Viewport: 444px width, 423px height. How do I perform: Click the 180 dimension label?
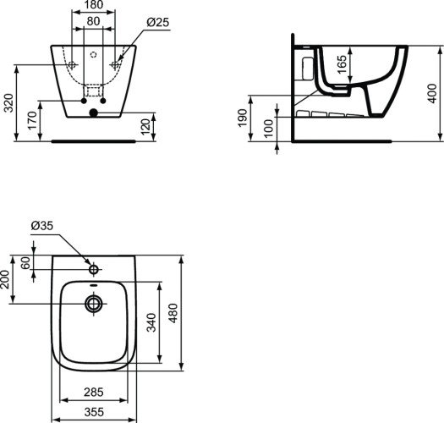[93, 5]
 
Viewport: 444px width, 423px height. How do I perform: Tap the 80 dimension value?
[93, 21]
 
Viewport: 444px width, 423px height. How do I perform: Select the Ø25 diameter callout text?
[158, 22]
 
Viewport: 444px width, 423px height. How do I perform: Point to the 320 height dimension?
[9, 102]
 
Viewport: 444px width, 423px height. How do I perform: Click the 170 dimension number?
[32, 120]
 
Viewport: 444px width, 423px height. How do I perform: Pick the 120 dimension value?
[145, 127]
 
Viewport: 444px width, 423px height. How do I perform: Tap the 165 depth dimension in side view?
[342, 64]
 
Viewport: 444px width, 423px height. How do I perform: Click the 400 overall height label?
[432, 94]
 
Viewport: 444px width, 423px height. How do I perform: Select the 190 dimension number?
[243, 118]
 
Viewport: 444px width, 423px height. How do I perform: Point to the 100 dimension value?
[269, 129]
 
